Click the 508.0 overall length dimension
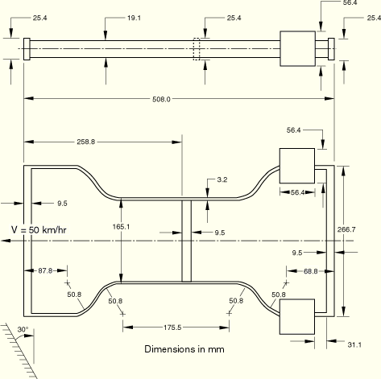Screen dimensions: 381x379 pyautogui.click(x=161, y=99)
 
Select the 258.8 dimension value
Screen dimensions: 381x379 pyautogui.click(x=86, y=142)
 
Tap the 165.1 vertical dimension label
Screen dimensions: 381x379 pyautogui.click(x=121, y=227)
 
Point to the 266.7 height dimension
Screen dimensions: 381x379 pyautogui.click(x=346, y=229)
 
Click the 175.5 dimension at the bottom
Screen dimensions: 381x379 pyautogui.click(x=172, y=328)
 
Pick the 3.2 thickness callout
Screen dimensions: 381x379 pyautogui.click(x=222, y=179)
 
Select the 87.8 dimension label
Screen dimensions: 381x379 pyautogui.click(x=45, y=270)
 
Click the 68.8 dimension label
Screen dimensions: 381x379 pyautogui.click(x=311, y=271)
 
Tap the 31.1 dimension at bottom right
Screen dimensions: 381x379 pyautogui.click(x=354, y=344)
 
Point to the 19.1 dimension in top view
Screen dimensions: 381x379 pyautogui.click(x=134, y=18)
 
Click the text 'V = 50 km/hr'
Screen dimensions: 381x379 pyautogui.click(x=39, y=230)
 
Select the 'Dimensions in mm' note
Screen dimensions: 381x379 pyautogui.click(x=184, y=349)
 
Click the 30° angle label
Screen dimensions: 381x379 pyautogui.click(x=23, y=329)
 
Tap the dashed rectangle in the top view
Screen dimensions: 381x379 pyautogui.click(x=197, y=49)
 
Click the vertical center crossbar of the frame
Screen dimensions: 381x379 pyautogui.click(x=187, y=241)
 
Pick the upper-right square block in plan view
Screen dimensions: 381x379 pyautogui.click(x=297, y=166)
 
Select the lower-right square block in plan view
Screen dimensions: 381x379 pyautogui.click(x=297, y=317)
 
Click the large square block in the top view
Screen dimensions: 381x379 pyautogui.click(x=298, y=48)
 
